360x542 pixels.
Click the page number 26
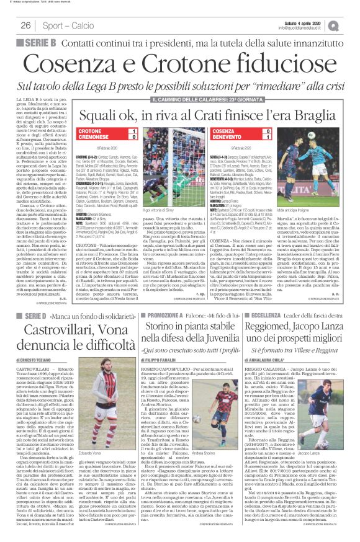pyautogui.click(x=25, y=25)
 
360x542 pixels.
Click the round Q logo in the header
pyautogui.click(x=351, y=25)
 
